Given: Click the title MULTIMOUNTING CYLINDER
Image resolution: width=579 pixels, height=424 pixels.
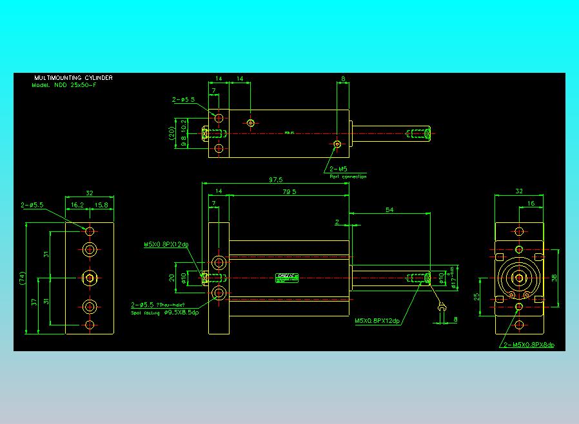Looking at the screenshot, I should tap(73, 78).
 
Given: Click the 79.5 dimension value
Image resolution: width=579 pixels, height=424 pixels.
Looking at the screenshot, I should tap(288, 191).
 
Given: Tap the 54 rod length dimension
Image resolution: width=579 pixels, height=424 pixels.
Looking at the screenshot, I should tap(389, 210).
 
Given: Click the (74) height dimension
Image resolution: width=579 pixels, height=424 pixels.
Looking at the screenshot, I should tap(21, 278).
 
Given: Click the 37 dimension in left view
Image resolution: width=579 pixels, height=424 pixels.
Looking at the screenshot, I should tap(34, 303).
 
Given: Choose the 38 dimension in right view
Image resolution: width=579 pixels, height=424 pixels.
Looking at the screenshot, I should tap(554, 278).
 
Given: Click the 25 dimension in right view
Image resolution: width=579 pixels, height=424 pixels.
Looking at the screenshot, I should tap(476, 298).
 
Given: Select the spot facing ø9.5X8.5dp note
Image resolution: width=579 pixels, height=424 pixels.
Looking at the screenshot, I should tap(165, 313).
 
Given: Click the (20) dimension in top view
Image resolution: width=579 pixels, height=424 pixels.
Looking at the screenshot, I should tap(172, 133).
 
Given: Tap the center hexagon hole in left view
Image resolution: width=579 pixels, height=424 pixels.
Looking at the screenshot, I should tap(90, 278).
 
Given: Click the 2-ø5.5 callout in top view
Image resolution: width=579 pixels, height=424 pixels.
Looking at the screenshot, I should tap(184, 100).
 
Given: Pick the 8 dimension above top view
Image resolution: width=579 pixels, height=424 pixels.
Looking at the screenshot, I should tap(343, 79).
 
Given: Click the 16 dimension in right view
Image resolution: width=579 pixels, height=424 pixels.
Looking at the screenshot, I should tap(531, 204).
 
